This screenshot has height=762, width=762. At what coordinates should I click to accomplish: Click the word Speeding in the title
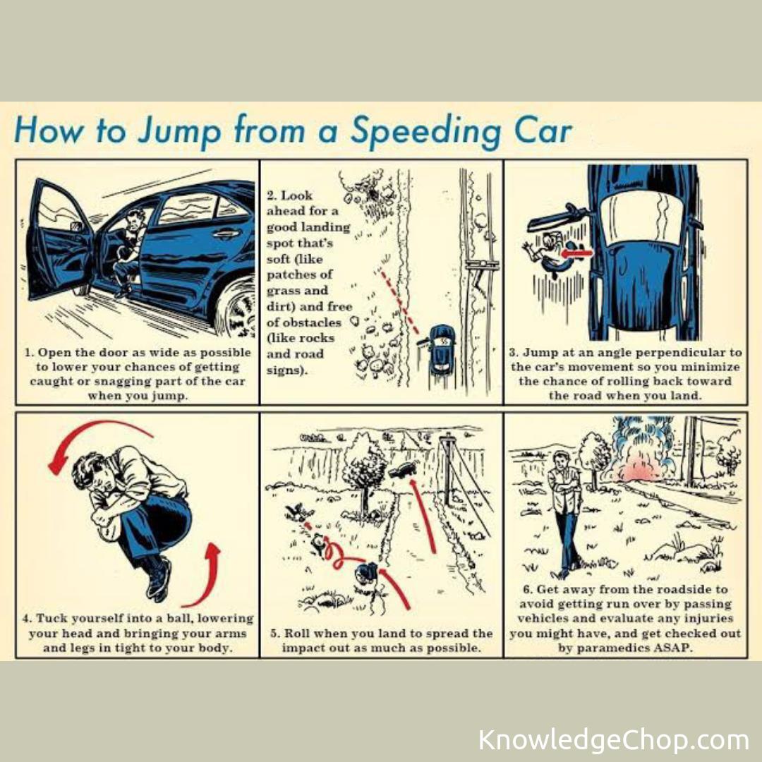click(x=426, y=131)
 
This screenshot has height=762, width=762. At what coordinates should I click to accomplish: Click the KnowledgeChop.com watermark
click(x=613, y=739)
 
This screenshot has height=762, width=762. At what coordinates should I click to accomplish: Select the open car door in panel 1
click(x=59, y=241)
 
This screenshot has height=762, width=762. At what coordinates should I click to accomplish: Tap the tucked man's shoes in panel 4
click(x=159, y=579)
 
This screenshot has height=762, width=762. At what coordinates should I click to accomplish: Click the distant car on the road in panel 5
click(x=402, y=470)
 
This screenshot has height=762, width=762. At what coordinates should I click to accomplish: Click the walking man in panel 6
click(x=565, y=514)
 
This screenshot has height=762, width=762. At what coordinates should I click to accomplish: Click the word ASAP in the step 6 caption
click(x=672, y=648)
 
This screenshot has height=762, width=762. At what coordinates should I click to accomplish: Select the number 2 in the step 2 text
click(x=271, y=196)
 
